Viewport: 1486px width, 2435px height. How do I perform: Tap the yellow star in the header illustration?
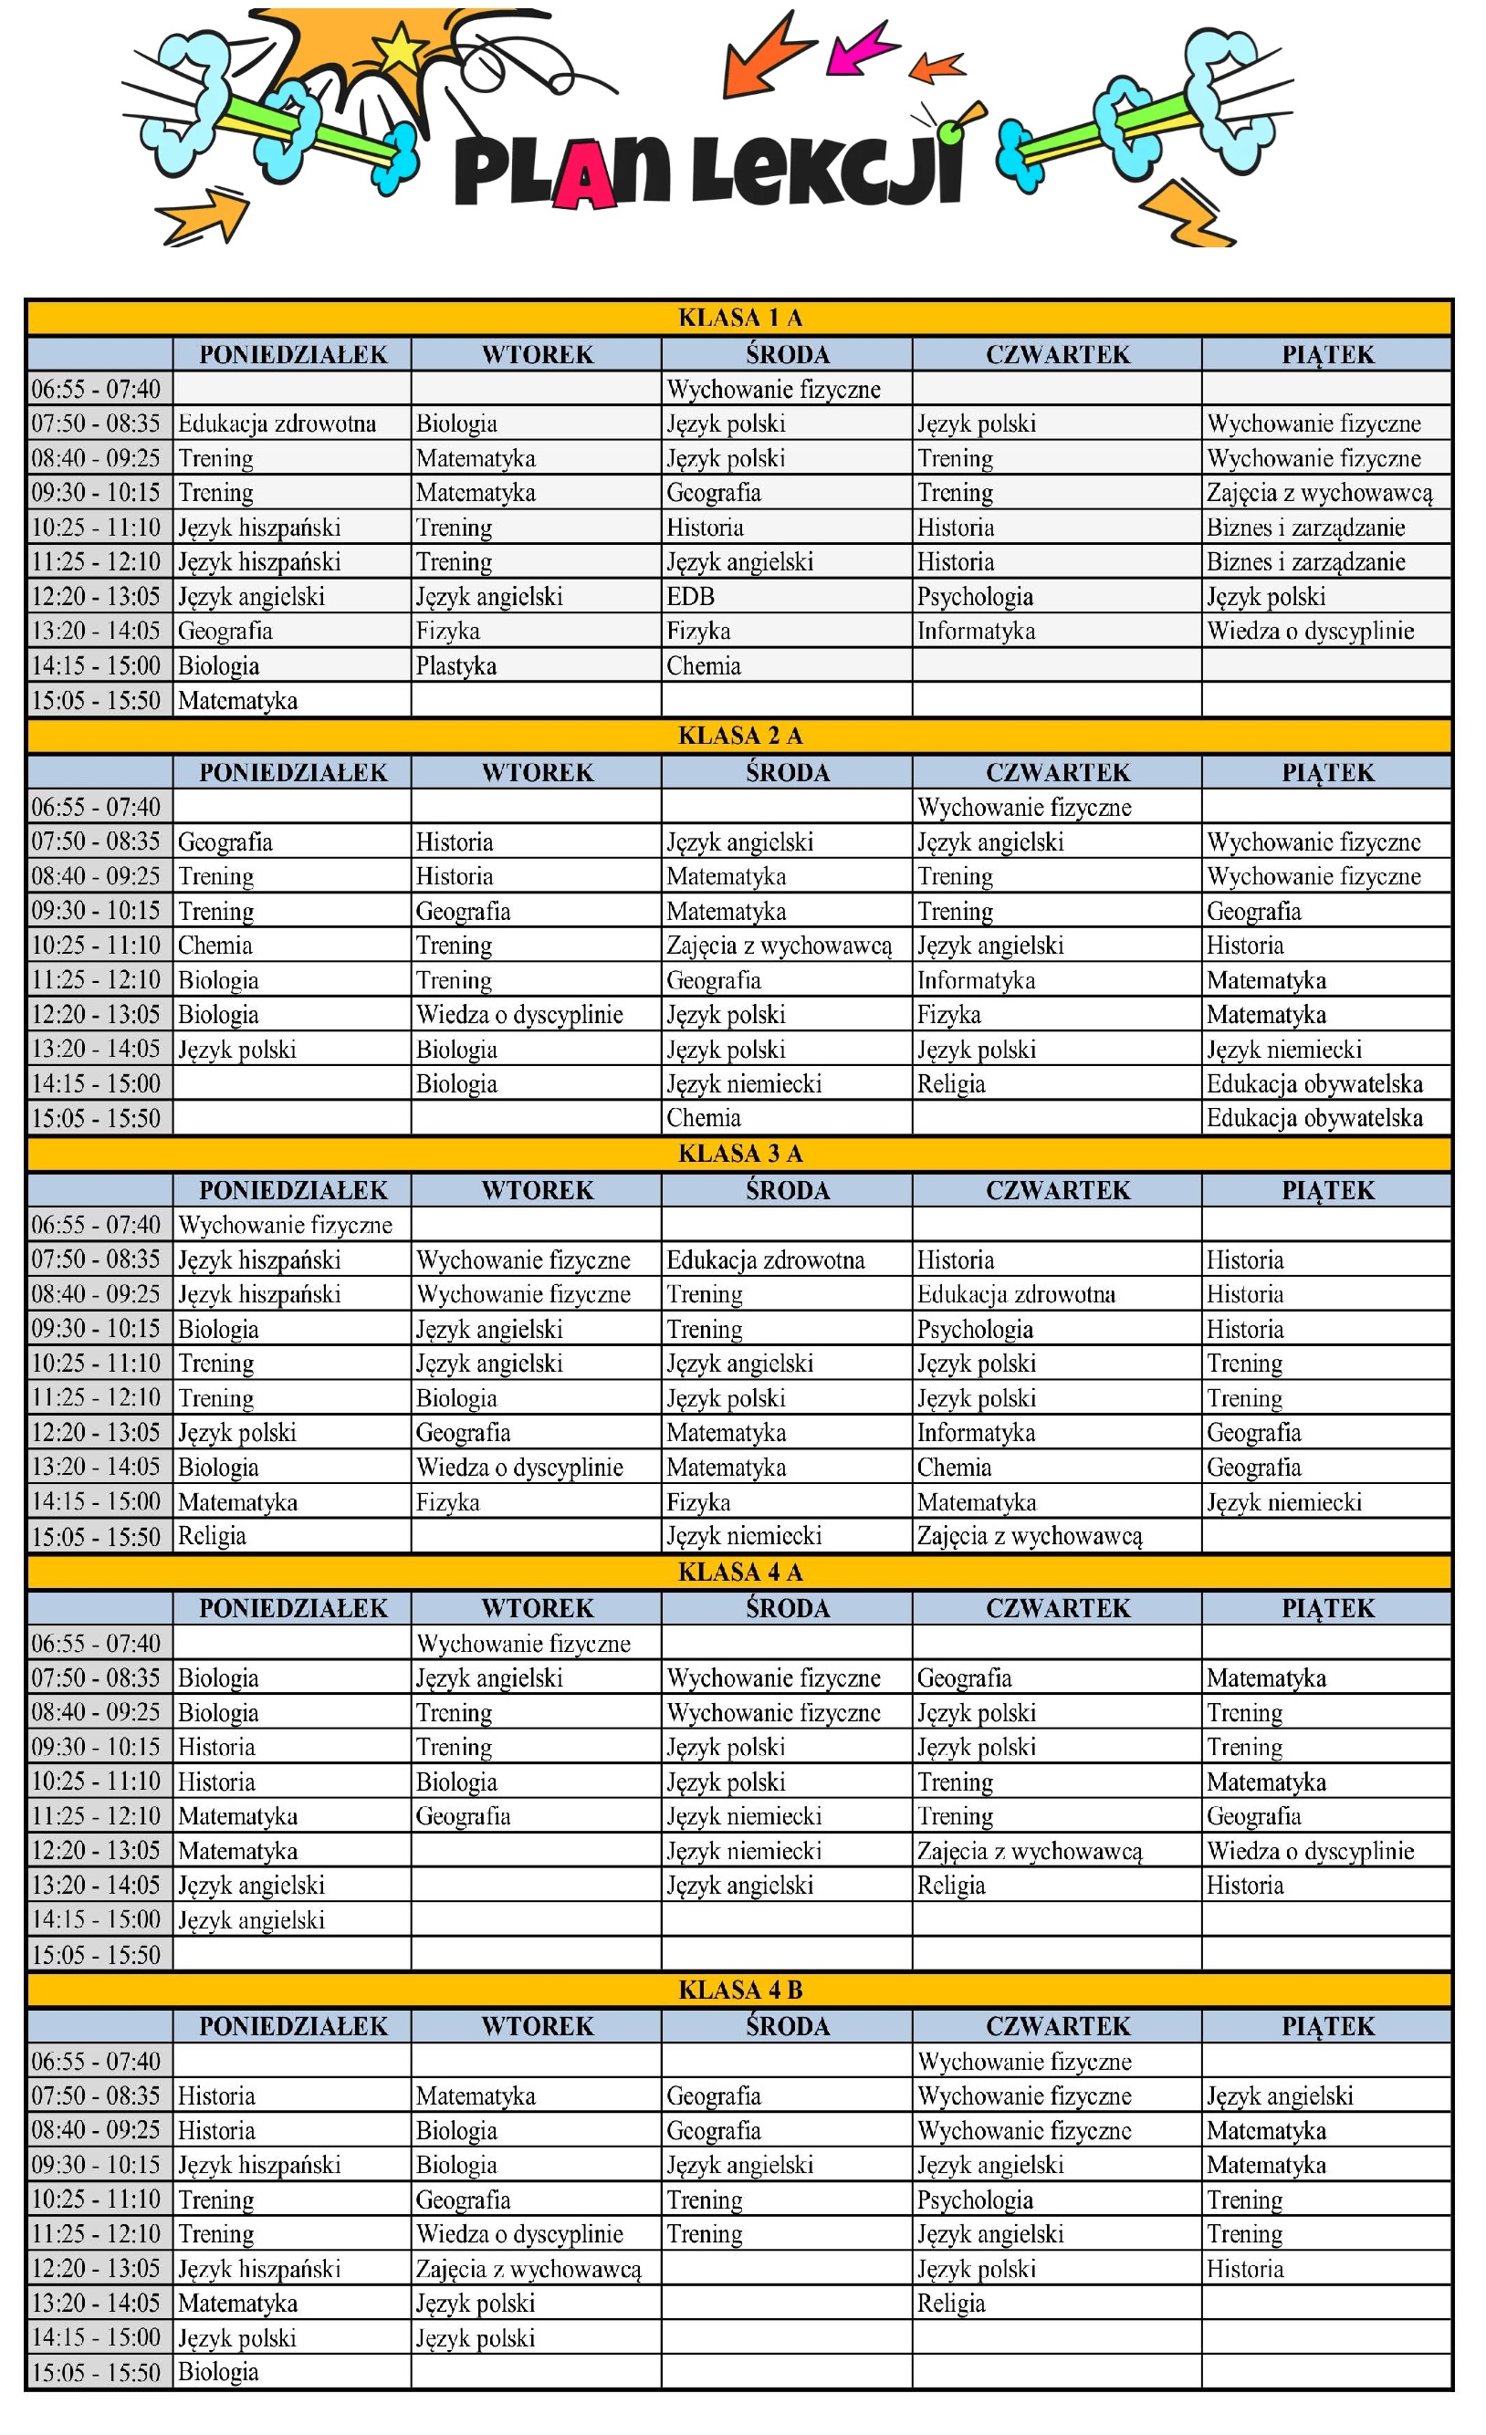pos(400,47)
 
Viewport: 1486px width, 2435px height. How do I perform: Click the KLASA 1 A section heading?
pos(740,318)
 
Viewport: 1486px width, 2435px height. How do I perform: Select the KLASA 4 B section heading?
pos(740,1990)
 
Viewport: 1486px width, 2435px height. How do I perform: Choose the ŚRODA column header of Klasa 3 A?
pos(788,1190)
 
